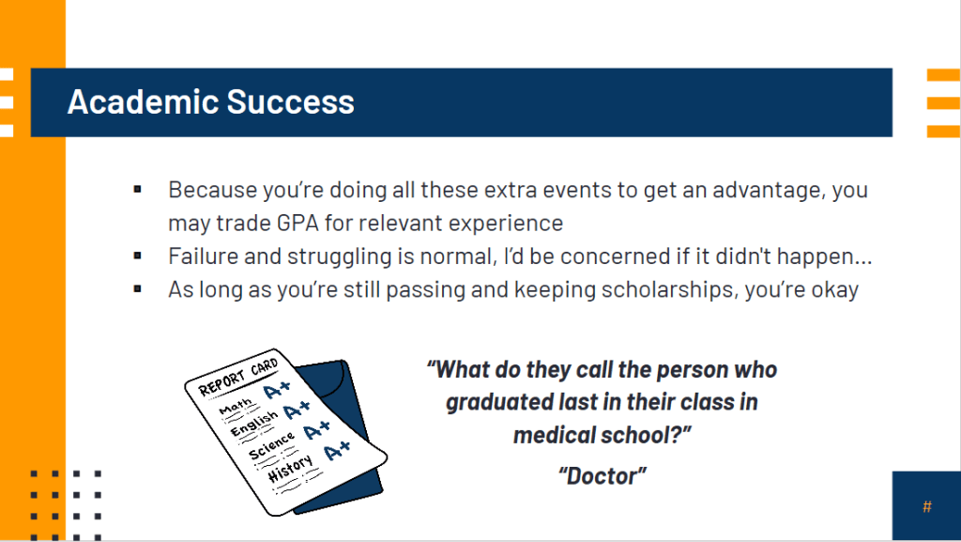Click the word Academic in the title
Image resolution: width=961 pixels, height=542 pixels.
point(143,101)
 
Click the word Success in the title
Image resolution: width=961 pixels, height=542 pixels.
point(291,101)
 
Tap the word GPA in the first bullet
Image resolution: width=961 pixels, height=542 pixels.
point(297,223)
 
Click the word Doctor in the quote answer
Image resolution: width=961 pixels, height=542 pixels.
point(603,476)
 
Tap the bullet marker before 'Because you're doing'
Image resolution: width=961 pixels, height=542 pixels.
point(137,190)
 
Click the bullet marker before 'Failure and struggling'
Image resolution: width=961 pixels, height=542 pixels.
point(137,256)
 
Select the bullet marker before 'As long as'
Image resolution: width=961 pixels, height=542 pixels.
point(137,288)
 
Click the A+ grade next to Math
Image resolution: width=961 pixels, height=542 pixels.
point(277,390)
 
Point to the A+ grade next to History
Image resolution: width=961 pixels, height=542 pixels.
point(337,451)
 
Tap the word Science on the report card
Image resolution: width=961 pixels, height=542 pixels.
point(271,445)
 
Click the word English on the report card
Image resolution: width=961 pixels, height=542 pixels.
point(253,424)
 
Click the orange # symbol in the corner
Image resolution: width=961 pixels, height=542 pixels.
point(926,507)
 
